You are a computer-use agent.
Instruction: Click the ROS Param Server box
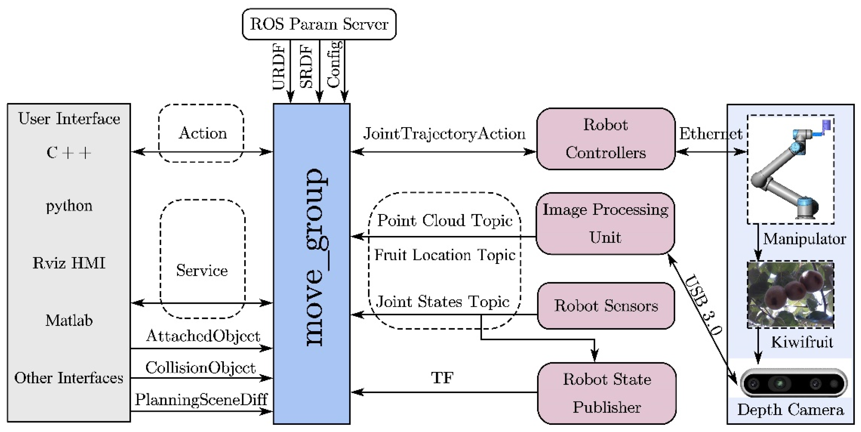(x=319, y=24)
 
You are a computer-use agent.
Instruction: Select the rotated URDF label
(x=279, y=67)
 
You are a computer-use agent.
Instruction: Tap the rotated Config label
(x=334, y=64)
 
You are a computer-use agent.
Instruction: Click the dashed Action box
(x=201, y=133)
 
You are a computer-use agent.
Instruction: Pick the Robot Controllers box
(x=605, y=138)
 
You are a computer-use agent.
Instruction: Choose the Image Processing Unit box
(x=605, y=223)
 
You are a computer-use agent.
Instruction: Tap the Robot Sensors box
(x=606, y=305)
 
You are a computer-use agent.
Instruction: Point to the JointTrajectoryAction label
(x=444, y=134)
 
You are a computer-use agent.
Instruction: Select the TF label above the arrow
(x=442, y=378)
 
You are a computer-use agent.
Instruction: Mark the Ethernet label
(x=710, y=134)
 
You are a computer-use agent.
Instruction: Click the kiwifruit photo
(x=790, y=294)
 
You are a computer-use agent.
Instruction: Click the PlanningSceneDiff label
(x=201, y=400)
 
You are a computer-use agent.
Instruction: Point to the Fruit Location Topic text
(x=445, y=255)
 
